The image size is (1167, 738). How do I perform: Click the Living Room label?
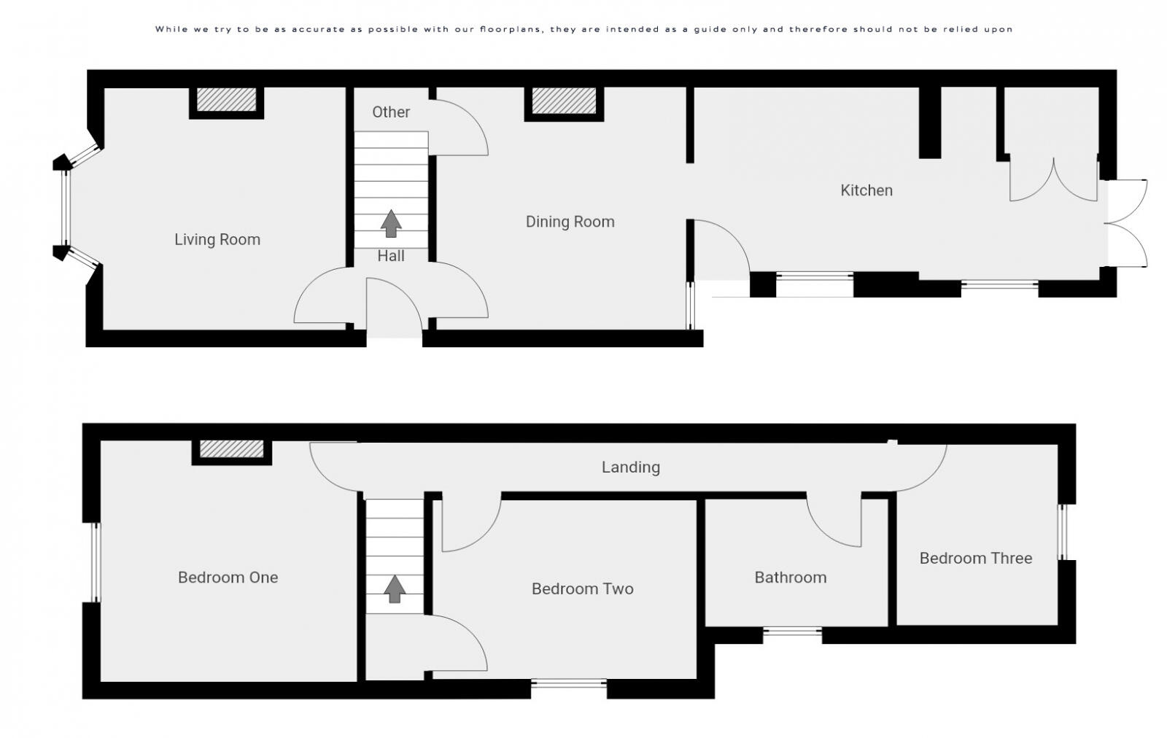point(217,239)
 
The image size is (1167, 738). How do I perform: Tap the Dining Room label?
point(570,222)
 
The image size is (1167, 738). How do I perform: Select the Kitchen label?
point(866,190)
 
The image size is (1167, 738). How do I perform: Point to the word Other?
point(391,112)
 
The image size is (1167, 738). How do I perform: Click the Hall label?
point(391,256)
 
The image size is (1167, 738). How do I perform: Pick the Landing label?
point(630,467)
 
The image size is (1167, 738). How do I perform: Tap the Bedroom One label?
point(228,578)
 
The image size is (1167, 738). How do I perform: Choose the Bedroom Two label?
point(582,589)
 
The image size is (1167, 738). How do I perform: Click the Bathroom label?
point(790,578)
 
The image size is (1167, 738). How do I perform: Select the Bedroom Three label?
point(975,559)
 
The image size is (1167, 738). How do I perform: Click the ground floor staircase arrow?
point(392,223)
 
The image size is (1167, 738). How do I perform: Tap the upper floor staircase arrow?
point(395,589)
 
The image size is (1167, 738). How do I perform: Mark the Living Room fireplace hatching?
point(227,101)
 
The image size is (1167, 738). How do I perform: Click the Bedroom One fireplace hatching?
point(231,449)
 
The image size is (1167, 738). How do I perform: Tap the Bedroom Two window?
point(569,684)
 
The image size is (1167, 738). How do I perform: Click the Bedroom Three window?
point(1063,532)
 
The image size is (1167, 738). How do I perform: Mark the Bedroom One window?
point(94,562)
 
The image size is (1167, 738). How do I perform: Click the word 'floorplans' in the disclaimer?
point(514,29)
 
